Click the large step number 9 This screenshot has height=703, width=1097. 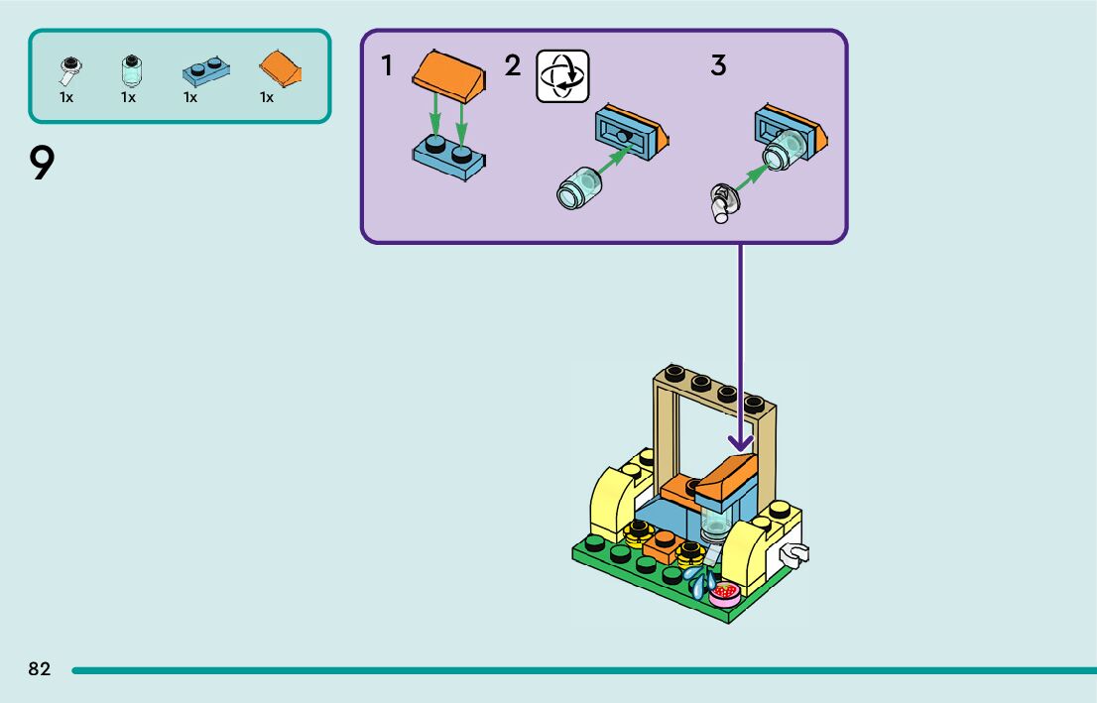tap(41, 164)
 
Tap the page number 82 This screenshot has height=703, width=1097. tap(40, 669)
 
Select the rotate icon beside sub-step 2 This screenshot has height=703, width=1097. tap(562, 77)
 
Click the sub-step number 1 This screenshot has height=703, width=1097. tap(387, 66)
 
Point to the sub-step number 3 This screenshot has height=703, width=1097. tap(718, 66)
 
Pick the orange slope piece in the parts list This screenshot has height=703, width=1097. tap(281, 69)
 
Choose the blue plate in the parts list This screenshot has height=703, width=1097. tap(205, 70)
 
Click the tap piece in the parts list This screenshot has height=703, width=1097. tap(68, 68)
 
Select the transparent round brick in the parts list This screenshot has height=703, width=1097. tap(129, 69)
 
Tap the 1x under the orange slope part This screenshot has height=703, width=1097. tap(267, 97)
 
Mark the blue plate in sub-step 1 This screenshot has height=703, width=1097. tap(449, 159)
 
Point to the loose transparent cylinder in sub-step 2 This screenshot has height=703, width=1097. tap(580, 188)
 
